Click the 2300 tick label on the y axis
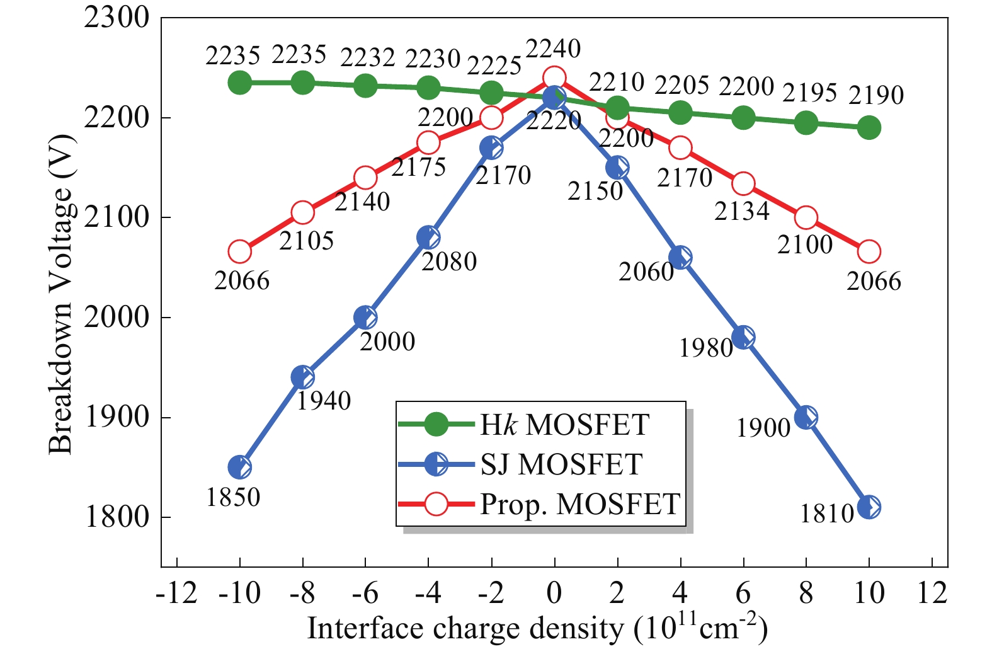point(117,18)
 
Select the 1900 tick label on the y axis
point(117,417)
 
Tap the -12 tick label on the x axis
point(176,594)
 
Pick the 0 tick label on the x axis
point(554,594)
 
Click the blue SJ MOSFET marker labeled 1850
point(239,468)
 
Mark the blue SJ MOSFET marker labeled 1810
point(869,507)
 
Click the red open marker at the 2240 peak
point(554,78)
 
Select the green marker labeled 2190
point(869,128)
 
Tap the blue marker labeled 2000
point(365,318)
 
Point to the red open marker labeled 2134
point(743,184)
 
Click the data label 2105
point(306,241)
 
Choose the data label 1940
point(324,401)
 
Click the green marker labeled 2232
point(365,86)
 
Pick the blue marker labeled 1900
point(806,417)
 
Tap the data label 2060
point(646,272)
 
